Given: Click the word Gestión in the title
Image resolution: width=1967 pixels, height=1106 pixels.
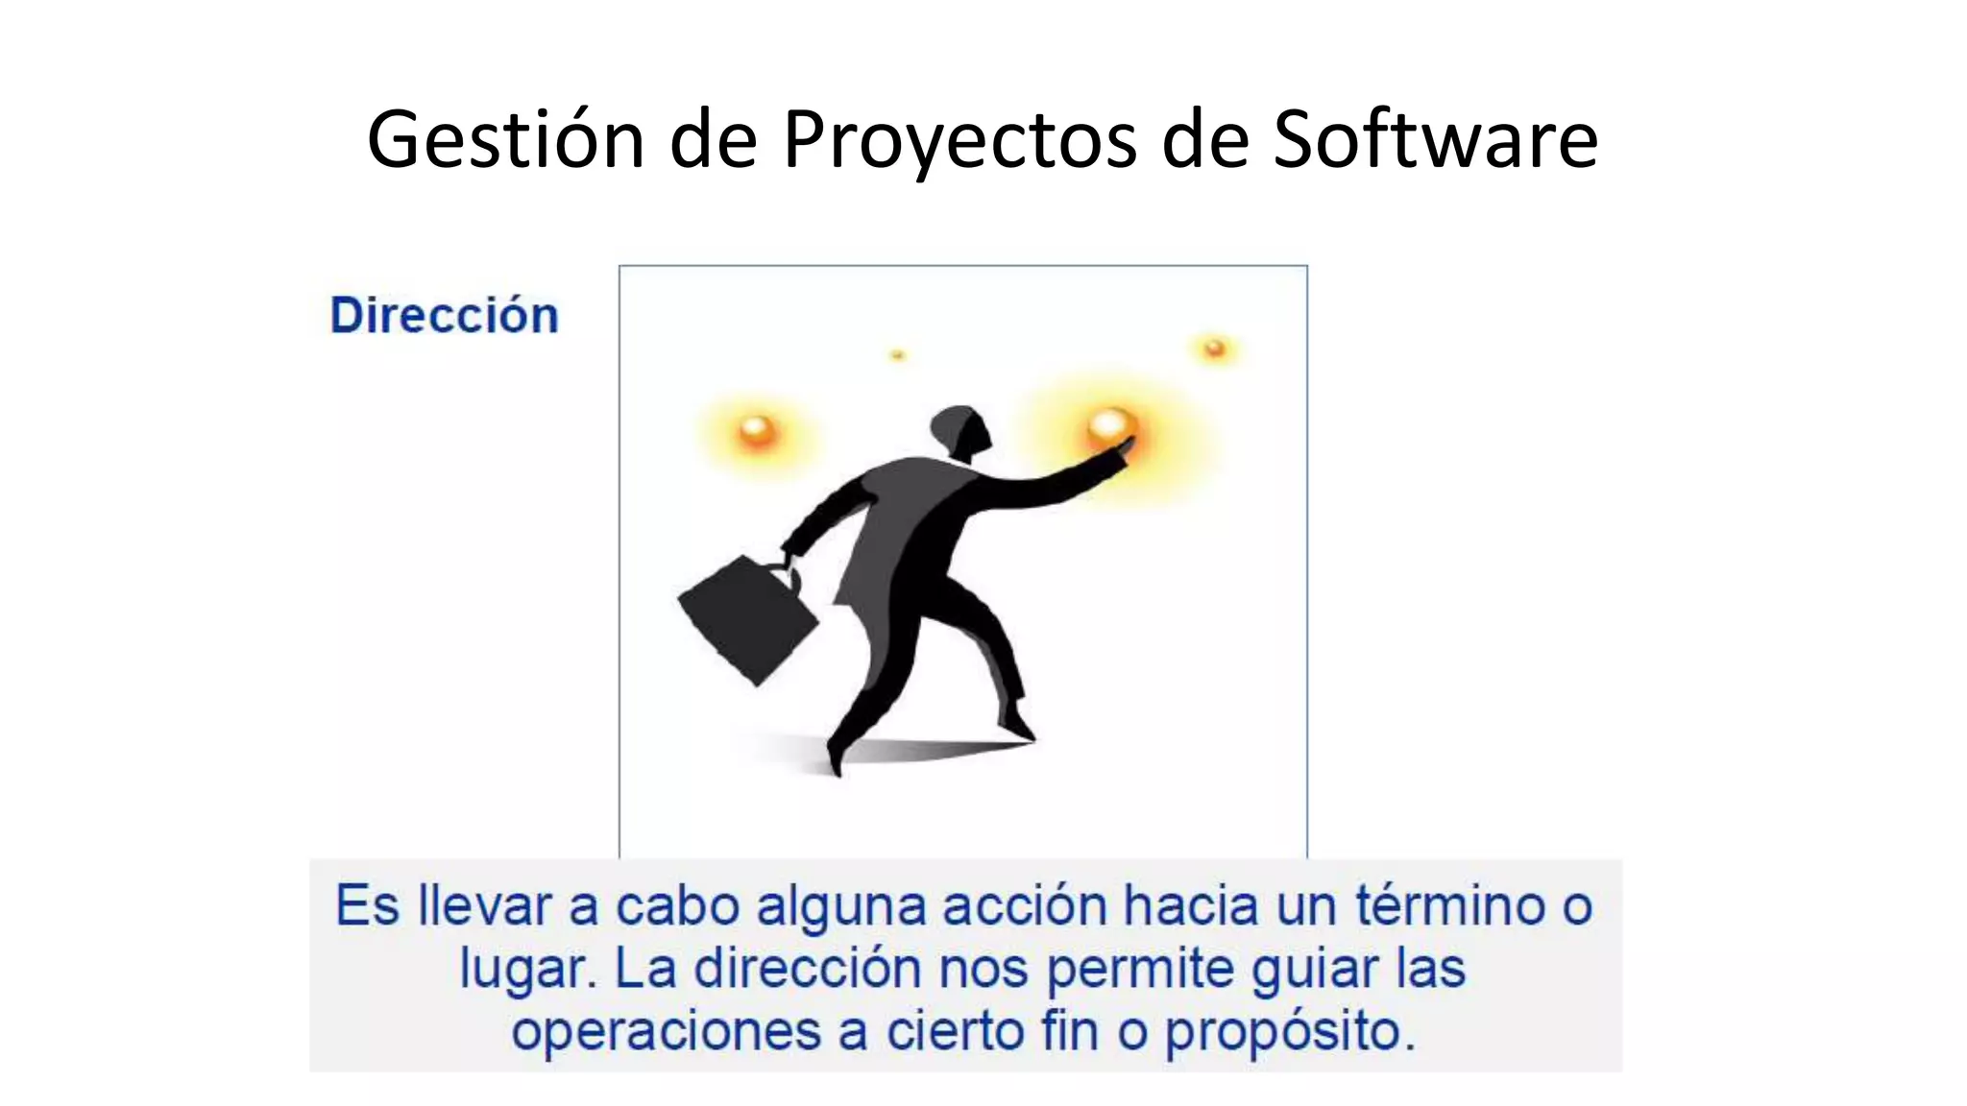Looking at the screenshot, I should click(505, 140).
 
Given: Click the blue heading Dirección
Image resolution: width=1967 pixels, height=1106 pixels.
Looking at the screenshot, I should click(444, 316).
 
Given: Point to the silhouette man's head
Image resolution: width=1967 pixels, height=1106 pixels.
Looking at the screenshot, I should click(959, 431).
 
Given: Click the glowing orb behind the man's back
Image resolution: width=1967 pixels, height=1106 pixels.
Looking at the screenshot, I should click(757, 430).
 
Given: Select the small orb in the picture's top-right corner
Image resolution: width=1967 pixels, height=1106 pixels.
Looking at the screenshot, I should click(1214, 348).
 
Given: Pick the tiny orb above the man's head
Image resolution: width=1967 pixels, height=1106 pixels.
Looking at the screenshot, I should click(897, 355).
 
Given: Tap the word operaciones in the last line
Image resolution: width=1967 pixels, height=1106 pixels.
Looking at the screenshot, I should click(665, 1032).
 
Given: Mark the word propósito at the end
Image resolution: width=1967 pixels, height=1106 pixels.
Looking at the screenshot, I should click(1289, 1033).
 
